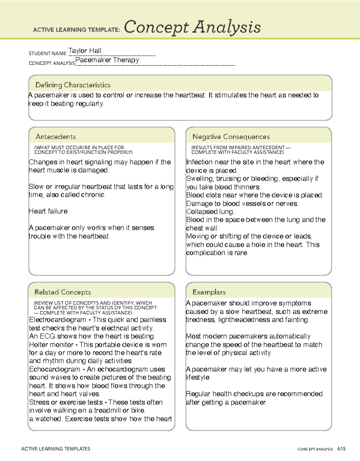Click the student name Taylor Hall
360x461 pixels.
point(85,51)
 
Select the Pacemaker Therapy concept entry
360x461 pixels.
point(107,60)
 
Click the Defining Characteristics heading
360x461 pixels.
point(73,85)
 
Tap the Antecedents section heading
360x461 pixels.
point(55,137)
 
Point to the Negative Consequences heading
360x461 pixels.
point(231,137)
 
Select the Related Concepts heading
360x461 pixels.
point(63,292)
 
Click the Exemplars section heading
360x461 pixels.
point(209,292)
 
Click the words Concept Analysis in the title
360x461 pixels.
point(192,27)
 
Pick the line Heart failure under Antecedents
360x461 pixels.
point(48,211)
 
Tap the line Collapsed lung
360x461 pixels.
point(210,212)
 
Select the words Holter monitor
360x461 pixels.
point(51,345)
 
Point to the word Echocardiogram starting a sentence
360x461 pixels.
point(55,369)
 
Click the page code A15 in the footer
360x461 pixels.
point(341,449)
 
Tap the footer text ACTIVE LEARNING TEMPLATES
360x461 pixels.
point(55,449)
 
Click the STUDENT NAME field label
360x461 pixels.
point(47,53)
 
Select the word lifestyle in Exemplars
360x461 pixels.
point(198,378)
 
